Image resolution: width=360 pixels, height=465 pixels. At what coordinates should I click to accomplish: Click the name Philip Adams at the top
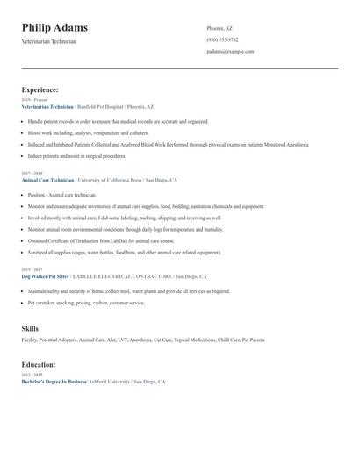pos(54,28)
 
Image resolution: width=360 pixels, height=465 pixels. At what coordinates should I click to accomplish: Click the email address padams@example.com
pos(230,51)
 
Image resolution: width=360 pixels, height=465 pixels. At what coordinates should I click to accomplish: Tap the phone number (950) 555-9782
pos(222,39)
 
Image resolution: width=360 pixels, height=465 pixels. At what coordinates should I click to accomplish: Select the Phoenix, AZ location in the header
pos(220,28)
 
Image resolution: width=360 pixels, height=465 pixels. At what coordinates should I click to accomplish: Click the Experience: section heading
pos(40,89)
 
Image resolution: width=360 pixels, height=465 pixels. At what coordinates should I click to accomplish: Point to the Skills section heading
pos(30,328)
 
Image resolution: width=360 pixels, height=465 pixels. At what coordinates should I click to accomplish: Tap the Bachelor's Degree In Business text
pos(54,382)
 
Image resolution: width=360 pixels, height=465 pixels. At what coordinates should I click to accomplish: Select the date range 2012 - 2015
pos(31,376)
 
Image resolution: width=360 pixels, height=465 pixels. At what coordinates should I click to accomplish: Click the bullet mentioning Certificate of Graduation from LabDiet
pos(101,240)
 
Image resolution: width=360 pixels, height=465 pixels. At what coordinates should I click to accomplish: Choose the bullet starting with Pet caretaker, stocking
pos(86,302)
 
